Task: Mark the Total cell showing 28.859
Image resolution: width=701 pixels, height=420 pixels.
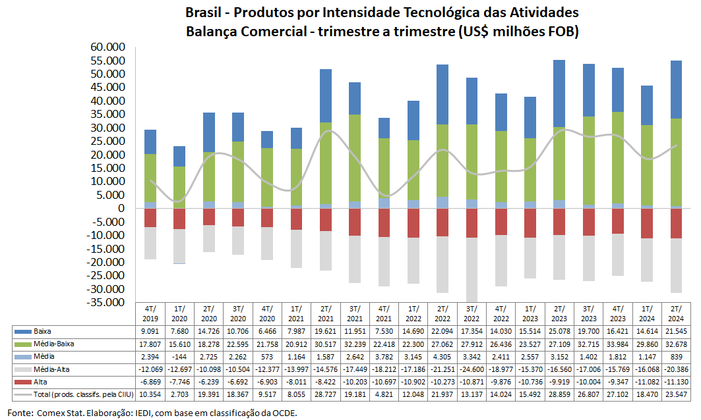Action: point(559,394)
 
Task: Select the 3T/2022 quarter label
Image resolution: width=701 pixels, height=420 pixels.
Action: point(472,312)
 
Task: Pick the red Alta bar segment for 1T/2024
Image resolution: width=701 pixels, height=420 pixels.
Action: point(646,223)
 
